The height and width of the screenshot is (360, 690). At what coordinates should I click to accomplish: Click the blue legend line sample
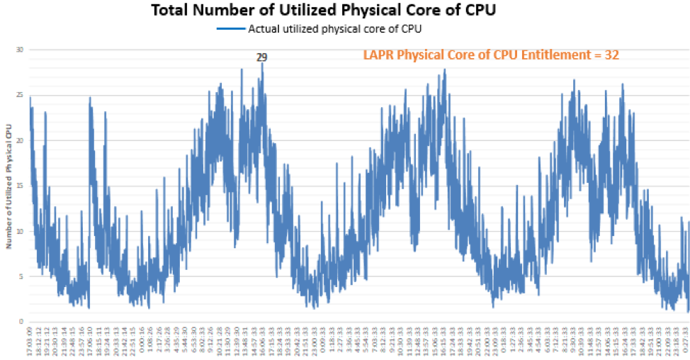coord(231,29)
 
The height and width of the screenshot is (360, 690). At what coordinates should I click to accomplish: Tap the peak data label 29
coord(262,57)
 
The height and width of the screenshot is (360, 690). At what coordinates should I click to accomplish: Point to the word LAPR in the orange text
coord(378,55)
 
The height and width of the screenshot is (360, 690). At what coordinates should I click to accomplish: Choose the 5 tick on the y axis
coord(21,276)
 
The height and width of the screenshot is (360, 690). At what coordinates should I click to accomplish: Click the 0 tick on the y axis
coord(21,322)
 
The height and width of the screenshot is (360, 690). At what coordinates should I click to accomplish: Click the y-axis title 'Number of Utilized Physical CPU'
coord(9,186)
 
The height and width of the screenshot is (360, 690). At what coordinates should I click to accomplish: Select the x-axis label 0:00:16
coord(142,342)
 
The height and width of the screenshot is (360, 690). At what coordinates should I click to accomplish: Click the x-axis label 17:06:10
coord(90,342)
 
